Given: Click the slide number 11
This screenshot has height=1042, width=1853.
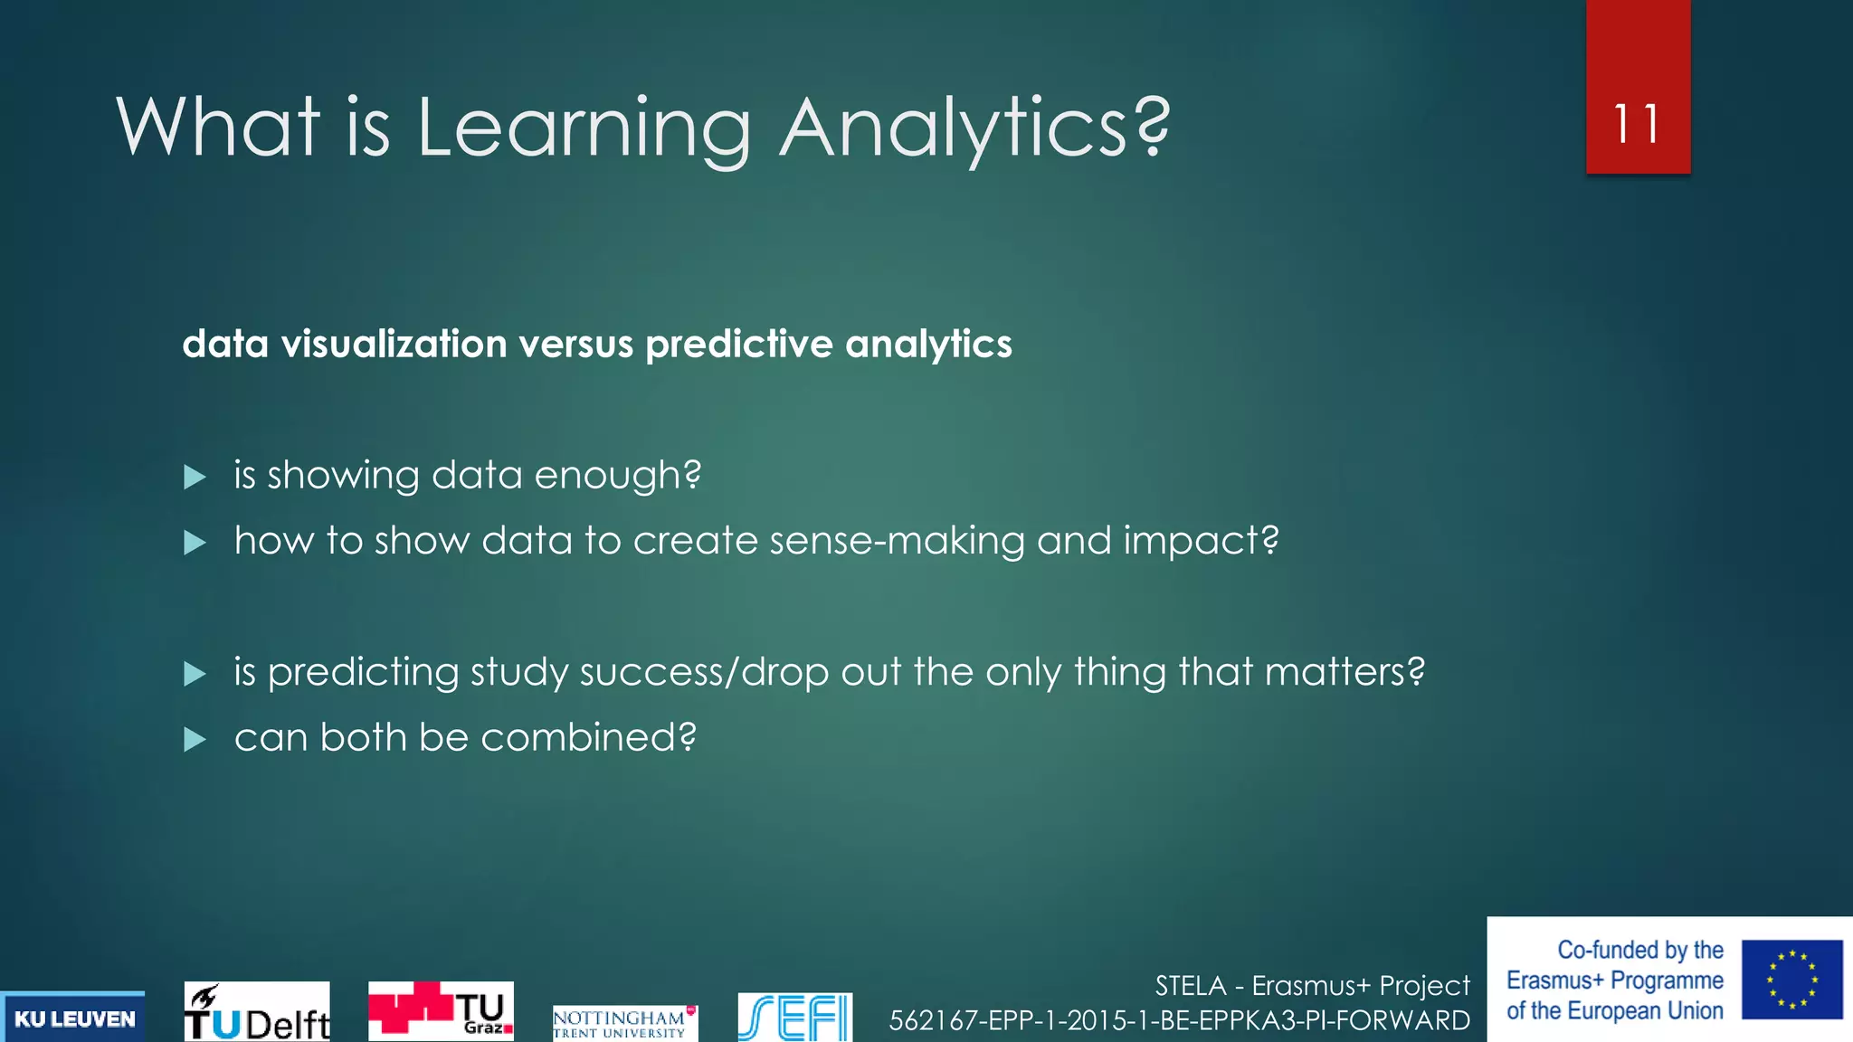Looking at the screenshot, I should (x=1636, y=124).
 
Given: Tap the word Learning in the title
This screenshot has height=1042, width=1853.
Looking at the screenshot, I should (x=584, y=128).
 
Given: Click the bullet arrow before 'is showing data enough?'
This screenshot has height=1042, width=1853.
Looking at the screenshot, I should (x=195, y=477).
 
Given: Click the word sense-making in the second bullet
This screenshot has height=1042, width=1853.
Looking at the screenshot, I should (x=897, y=541).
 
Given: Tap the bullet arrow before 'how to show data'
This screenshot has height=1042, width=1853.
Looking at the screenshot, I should (x=195, y=543).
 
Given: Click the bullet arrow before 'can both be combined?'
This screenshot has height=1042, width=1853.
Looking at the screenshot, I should (x=195, y=740).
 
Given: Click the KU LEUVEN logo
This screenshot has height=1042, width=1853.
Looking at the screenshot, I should (x=73, y=1018).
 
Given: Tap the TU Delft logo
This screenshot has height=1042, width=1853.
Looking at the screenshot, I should (x=257, y=1012).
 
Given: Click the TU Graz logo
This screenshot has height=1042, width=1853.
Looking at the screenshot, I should (x=441, y=1010).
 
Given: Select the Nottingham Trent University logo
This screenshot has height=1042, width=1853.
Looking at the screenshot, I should (x=624, y=1023).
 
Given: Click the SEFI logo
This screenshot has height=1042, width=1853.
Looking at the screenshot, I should (x=794, y=1018).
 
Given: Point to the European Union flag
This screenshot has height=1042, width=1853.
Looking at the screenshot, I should (x=1791, y=980).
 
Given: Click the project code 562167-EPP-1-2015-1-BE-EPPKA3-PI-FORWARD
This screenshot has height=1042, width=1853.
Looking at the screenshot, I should (x=1179, y=1020).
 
